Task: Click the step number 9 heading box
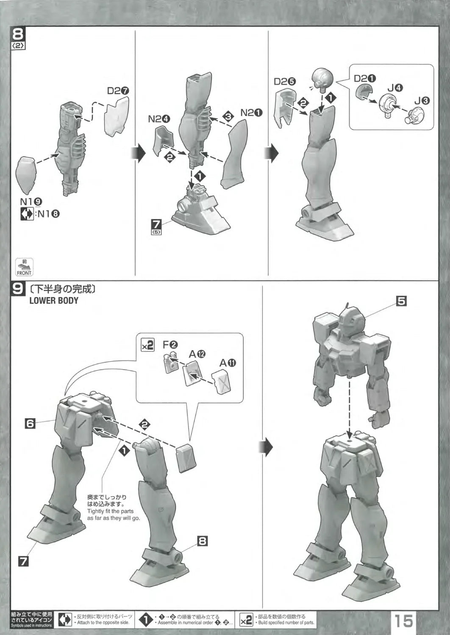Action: click(x=18, y=289)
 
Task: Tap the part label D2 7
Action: click(x=118, y=91)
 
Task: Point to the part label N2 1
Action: click(x=252, y=113)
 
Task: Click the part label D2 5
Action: click(x=287, y=82)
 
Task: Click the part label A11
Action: click(x=228, y=363)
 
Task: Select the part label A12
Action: click(x=197, y=354)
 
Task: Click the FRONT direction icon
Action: click(x=24, y=267)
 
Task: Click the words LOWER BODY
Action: click(x=54, y=301)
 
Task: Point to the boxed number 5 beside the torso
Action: click(x=401, y=301)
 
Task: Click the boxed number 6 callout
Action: click(x=30, y=423)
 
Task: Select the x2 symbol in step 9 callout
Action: click(x=148, y=345)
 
